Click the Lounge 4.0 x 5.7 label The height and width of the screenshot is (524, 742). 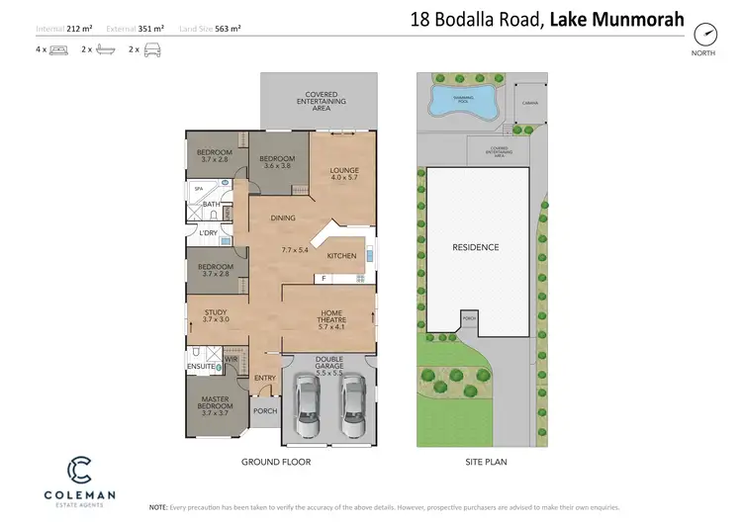[344, 175]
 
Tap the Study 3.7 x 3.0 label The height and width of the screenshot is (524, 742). [216, 316]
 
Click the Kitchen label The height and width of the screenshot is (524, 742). [341, 256]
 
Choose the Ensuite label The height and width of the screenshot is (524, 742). [201, 367]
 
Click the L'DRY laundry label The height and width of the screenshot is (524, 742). [208, 233]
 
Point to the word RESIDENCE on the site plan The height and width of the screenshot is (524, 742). [475, 247]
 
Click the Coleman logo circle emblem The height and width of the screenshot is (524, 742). [78, 468]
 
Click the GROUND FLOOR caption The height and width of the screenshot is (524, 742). [276, 462]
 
